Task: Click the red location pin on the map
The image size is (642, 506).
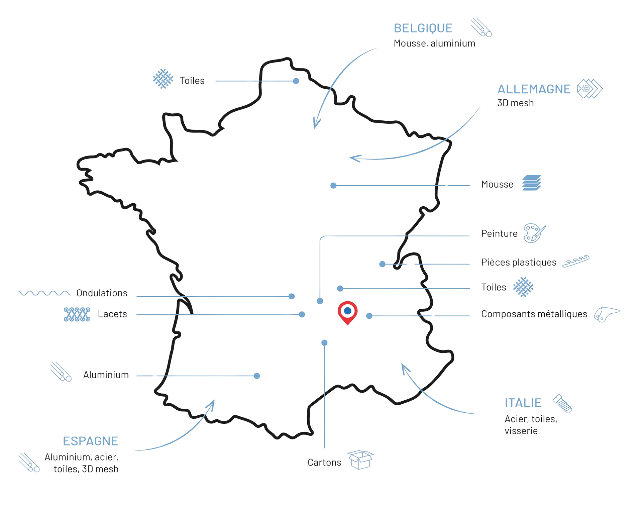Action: [347, 312]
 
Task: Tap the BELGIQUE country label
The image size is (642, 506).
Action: [423, 28]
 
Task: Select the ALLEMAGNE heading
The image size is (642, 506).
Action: [534, 89]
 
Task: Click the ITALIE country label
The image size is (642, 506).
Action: [523, 403]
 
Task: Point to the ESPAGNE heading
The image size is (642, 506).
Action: [91, 441]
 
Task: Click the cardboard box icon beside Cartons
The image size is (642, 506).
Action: [360, 460]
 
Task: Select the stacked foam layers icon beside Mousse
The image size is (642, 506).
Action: [532, 183]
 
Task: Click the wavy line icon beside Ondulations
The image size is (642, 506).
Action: [44, 293]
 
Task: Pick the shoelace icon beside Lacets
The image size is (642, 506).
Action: [77, 314]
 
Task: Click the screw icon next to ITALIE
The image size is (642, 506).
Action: [562, 403]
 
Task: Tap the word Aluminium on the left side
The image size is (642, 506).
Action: [106, 375]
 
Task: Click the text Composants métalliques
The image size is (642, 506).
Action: [534, 314]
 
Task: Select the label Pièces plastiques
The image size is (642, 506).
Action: [519, 263]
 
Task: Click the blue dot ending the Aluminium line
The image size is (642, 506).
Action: [257, 376]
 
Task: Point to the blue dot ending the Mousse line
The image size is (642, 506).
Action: [333, 186]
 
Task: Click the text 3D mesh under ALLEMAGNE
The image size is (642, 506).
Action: [515, 103]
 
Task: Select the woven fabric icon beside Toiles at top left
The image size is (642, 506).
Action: [163, 79]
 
